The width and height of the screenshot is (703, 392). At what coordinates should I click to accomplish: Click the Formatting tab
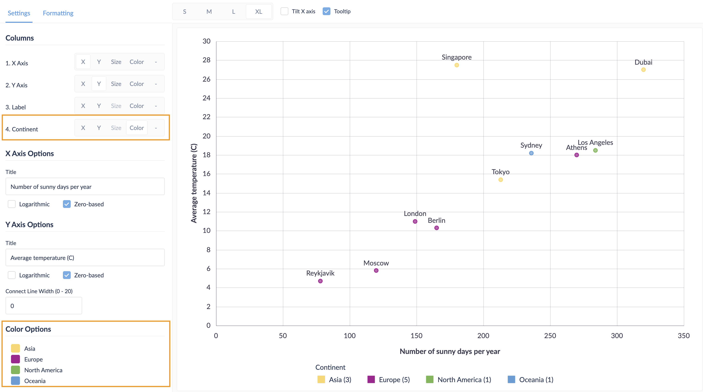pos(58,13)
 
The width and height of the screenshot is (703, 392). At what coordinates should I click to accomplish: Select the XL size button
pos(258,11)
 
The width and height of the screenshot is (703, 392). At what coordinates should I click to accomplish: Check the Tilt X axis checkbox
pos(284,11)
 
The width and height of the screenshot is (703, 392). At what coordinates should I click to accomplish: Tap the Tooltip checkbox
pos(326,11)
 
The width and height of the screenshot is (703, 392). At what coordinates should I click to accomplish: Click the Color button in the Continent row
pos(136,128)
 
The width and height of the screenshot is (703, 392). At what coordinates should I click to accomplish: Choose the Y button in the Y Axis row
pos(99,84)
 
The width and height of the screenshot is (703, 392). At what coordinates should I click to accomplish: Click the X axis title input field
pos(85,187)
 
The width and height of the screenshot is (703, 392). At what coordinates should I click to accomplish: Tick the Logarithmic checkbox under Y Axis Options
pos(12,275)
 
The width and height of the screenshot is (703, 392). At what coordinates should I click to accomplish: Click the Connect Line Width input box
pos(44,306)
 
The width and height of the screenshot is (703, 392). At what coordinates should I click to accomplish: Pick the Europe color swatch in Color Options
pos(15,359)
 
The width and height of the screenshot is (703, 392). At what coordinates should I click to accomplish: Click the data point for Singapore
pos(457,65)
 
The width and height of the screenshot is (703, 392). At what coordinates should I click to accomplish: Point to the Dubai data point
pos(643,70)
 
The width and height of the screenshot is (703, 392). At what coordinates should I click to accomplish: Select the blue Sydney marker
pos(531,153)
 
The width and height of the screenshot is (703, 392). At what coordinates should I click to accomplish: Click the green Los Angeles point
pos(595,150)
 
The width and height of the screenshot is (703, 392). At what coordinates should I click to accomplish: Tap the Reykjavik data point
pos(320,281)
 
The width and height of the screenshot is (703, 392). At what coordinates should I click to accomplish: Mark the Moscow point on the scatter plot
pos(376,271)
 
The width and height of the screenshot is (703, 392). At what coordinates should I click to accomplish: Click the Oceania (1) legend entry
pos(530,379)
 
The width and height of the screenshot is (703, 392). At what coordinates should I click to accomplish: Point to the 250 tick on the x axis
pos(550,336)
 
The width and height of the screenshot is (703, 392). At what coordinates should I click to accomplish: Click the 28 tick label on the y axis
pos(206,60)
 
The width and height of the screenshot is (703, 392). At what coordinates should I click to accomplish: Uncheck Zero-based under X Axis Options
pos(67,204)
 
